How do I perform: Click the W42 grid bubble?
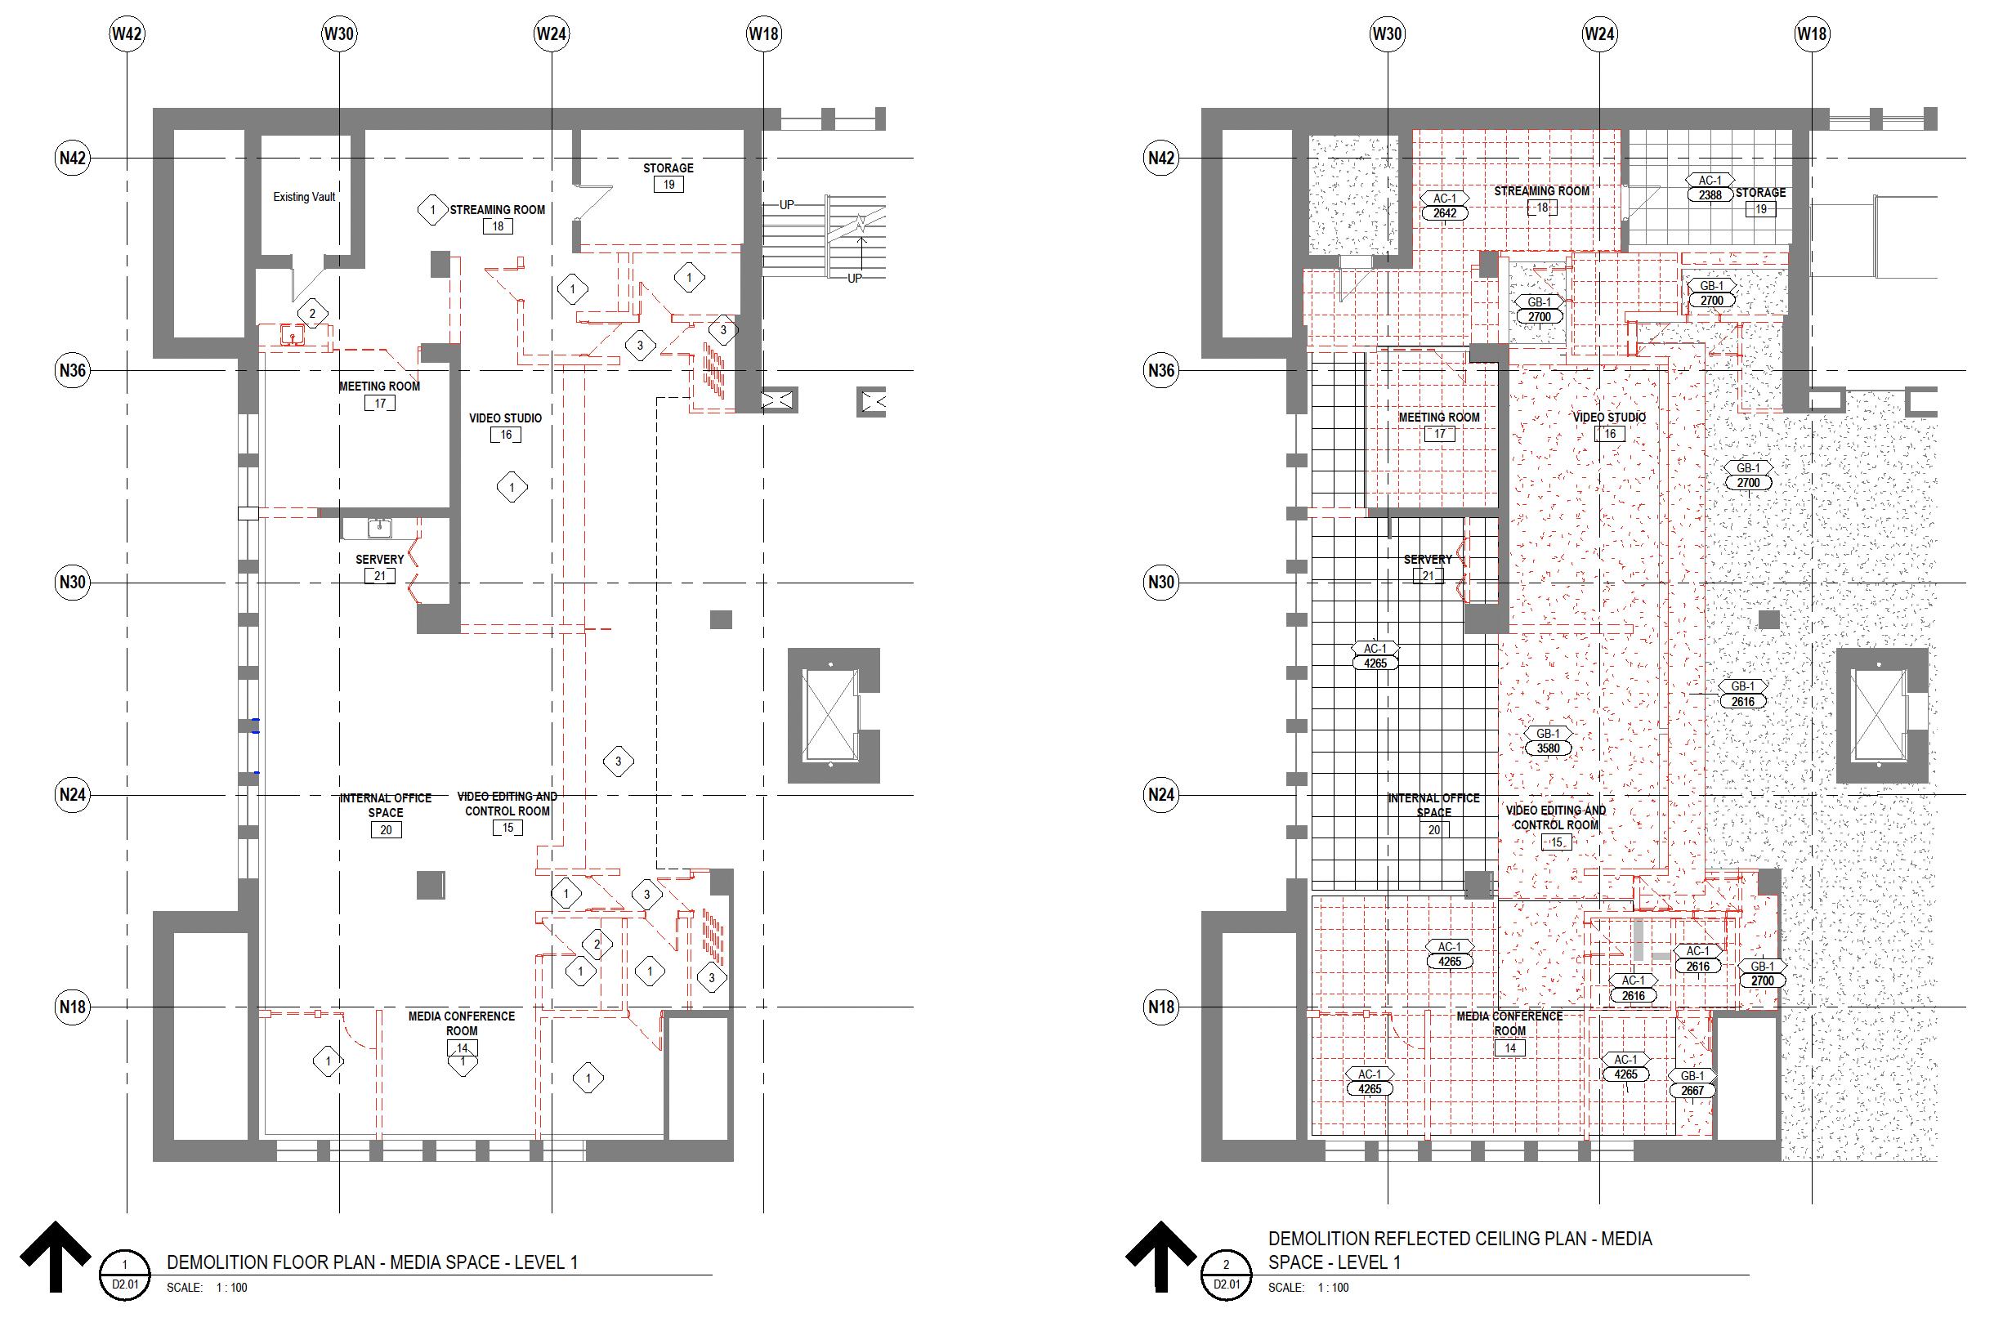127,34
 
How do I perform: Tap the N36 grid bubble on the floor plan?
73,371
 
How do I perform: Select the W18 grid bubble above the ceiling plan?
1811,34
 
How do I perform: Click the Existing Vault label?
304,198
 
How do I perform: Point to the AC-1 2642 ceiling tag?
1445,206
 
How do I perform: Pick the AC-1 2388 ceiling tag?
1710,188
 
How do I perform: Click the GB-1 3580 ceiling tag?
1548,741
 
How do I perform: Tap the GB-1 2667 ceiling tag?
1692,1083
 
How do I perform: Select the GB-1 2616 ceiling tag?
1743,694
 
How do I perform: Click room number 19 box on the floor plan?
668,185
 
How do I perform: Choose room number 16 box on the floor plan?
506,435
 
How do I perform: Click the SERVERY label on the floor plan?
379,560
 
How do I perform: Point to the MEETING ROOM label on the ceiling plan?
1439,418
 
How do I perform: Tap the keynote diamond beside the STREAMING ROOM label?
432,210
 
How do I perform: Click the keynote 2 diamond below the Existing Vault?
312,314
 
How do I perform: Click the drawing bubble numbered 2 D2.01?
1227,1275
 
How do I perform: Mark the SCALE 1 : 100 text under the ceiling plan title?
1308,1288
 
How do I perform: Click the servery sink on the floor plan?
379,528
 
